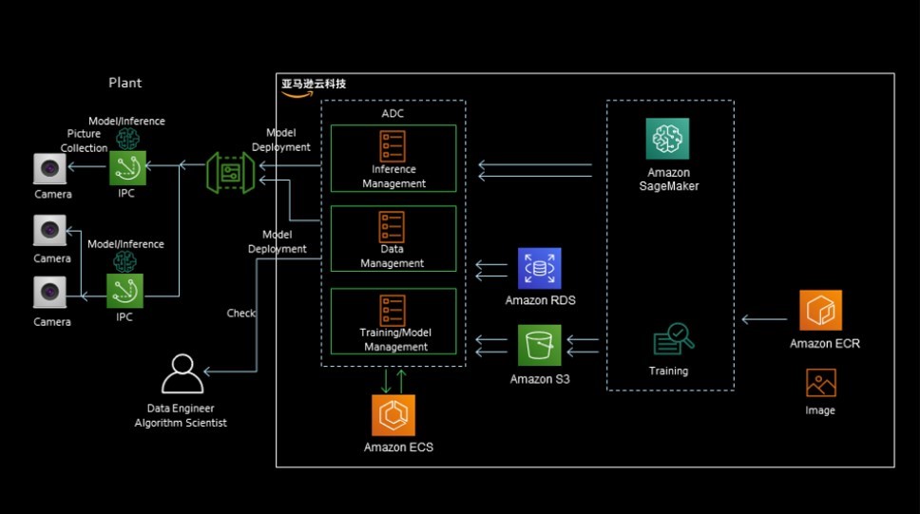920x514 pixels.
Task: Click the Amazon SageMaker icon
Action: [667, 140]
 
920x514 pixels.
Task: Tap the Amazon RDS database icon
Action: [540, 269]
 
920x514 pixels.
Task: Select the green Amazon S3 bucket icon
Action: [540, 346]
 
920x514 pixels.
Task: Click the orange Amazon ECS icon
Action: [393, 415]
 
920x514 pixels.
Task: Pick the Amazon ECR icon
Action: [820, 311]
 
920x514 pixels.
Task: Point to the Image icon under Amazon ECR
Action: [820, 383]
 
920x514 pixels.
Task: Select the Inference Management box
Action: [393, 159]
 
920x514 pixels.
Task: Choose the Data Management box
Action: [393, 238]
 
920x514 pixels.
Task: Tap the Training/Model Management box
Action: [393, 321]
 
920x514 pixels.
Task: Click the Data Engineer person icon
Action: [182, 373]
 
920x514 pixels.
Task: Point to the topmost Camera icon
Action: [49, 168]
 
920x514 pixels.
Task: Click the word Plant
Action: [125, 83]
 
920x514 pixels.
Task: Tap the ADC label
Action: [393, 114]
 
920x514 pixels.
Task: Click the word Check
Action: [240, 314]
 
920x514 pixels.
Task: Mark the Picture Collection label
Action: [84, 141]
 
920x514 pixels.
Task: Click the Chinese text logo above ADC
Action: [313, 85]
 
